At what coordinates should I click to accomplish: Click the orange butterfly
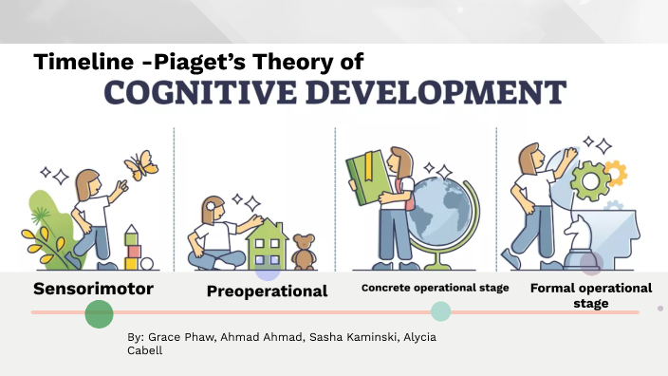(140, 164)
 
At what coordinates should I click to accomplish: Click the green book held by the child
(362, 178)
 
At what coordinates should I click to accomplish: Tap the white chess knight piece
(577, 237)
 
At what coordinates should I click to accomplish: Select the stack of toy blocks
(133, 249)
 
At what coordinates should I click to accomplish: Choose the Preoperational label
(267, 291)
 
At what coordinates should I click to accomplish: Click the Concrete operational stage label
(436, 288)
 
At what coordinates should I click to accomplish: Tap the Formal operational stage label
(590, 295)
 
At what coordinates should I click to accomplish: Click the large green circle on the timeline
(99, 313)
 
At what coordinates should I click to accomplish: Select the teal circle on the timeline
(440, 311)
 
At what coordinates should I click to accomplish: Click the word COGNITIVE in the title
(206, 94)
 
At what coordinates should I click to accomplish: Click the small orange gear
(616, 172)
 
